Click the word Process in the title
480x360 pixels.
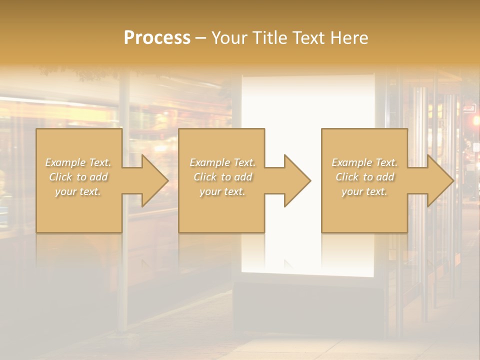pos(157,38)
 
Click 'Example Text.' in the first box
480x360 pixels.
pos(78,162)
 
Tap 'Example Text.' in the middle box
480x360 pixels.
pos(222,162)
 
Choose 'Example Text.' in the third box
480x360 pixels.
pos(364,162)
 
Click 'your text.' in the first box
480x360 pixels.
pos(78,191)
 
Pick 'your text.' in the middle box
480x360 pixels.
pos(222,191)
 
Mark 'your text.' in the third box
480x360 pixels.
pos(364,191)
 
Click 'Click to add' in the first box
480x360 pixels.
pos(78,177)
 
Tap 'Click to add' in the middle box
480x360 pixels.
pos(222,177)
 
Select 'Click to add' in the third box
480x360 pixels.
pos(364,177)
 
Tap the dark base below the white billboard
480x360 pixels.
pos(307,305)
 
